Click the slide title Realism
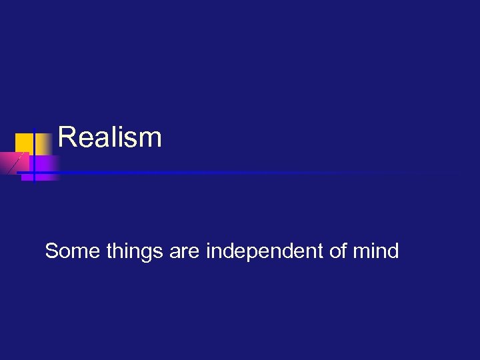pyautogui.click(x=110, y=137)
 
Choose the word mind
pyautogui.click(x=377, y=251)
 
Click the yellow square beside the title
pyautogui.click(x=25, y=143)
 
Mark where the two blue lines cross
pyautogui.click(x=34, y=173)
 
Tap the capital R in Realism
pyautogui.click(x=67, y=137)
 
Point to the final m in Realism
pyautogui.click(x=151, y=139)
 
